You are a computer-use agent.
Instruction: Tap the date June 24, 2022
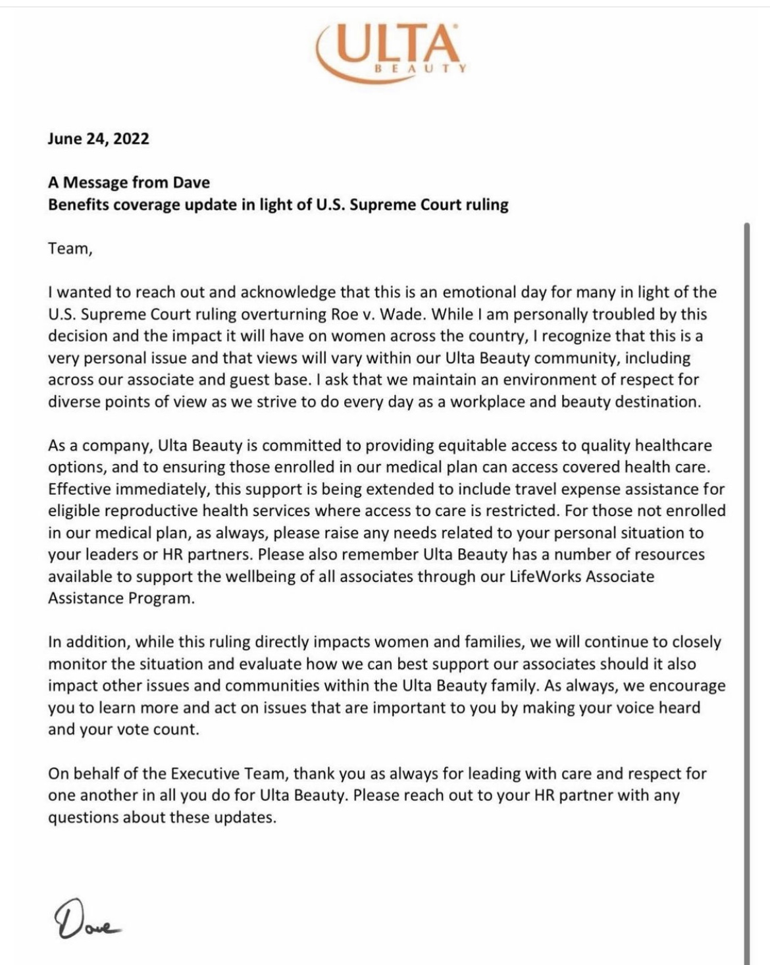coord(98,139)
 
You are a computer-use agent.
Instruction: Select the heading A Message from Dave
coord(128,182)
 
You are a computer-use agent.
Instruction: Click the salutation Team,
coord(70,249)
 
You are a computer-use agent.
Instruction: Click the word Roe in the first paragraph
coord(344,314)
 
